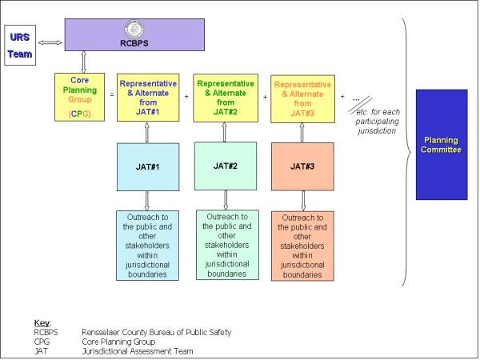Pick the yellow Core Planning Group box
coord(77,97)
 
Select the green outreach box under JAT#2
coord(224,245)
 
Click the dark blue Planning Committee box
coord(442,145)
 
